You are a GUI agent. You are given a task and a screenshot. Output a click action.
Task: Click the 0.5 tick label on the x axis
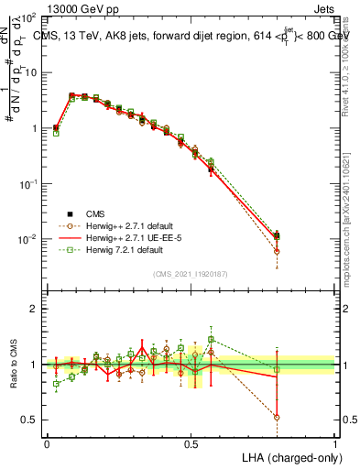[191, 443]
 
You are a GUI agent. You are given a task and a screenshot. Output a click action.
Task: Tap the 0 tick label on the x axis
[47, 443]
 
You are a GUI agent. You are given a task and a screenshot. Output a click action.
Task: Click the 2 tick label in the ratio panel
[34, 309]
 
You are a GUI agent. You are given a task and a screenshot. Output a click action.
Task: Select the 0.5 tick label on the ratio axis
[29, 420]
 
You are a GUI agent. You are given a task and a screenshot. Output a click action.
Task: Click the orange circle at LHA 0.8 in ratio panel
[277, 417]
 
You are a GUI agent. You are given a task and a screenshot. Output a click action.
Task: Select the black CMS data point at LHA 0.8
[277, 235]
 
